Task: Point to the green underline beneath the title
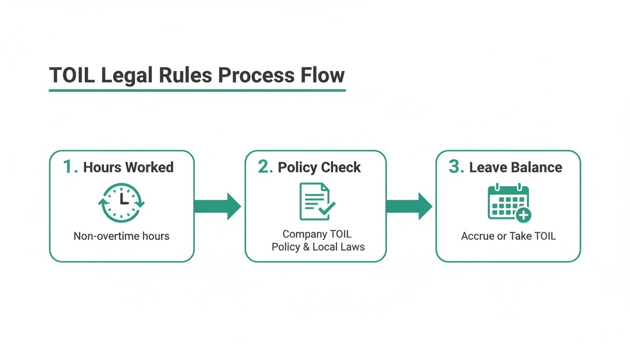pyautogui.click(x=197, y=90)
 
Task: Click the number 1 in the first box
pyautogui.click(x=69, y=167)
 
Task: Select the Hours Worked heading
pyautogui.click(x=128, y=167)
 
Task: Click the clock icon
pyautogui.click(x=121, y=202)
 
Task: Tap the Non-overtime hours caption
pyautogui.click(x=121, y=236)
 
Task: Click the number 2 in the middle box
pyautogui.click(x=265, y=167)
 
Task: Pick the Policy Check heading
pyautogui.click(x=319, y=167)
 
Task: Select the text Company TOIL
pyautogui.click(x=317, y=234)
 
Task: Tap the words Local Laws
pyautogui.click(x=339, y=247)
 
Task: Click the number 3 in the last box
pyautogui.click(x=456, y=167)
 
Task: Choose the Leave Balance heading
pyautogui.click(x=516, y=167)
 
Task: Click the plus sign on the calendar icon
pyautogui.click(x=523, y=215)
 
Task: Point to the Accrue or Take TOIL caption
pyautogui.click(x=509, y=236)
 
